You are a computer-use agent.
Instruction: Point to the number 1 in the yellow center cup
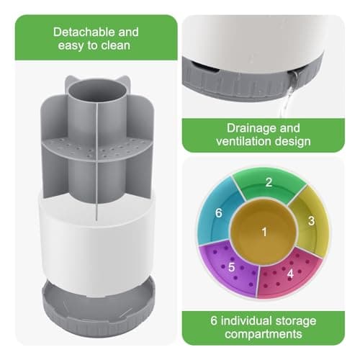[264, 231]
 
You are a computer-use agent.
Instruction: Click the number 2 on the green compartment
[268, 182]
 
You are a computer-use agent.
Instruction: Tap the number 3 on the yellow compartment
[312, 221]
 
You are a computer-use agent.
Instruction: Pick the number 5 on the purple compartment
[232, 266]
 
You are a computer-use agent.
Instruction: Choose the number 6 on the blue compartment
[220, 214]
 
